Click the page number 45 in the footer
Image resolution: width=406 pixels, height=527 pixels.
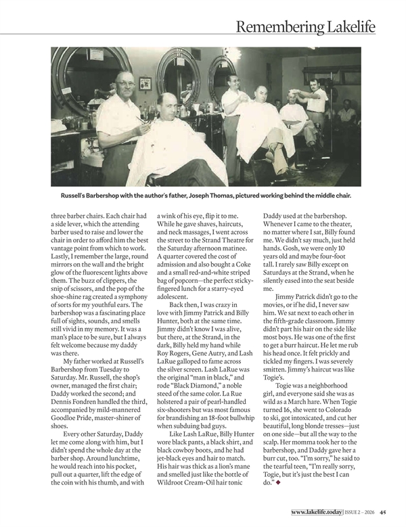pyautogui.click(x=383, y=511)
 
